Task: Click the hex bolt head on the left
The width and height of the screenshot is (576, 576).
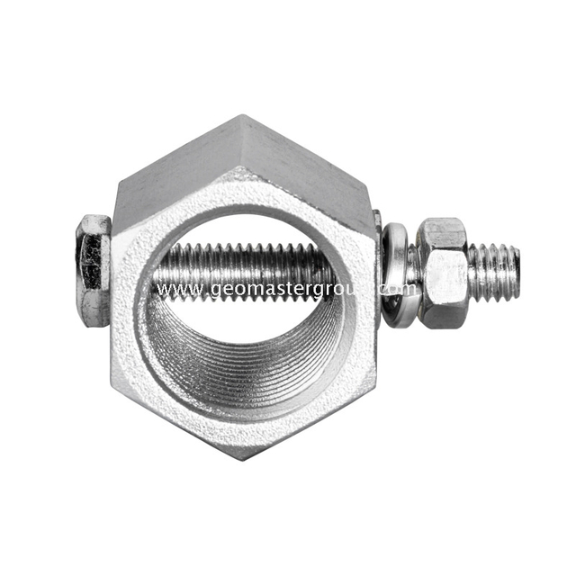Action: click(93, 269)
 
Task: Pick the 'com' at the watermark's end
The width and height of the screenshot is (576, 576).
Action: click(402, 290)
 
